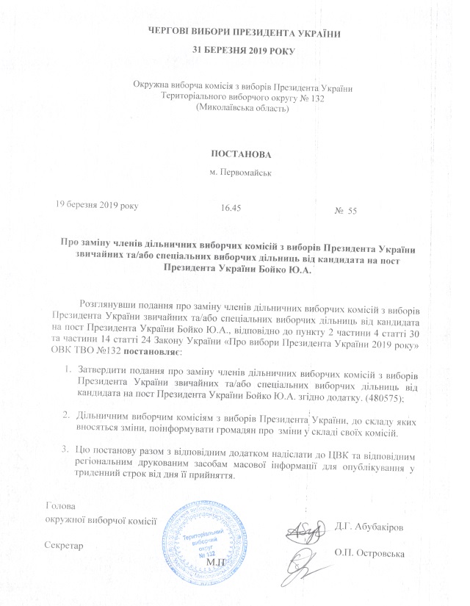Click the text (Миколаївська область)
coord(239,108)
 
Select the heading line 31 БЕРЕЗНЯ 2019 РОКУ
coord(234,51)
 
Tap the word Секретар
coord(64,546)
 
